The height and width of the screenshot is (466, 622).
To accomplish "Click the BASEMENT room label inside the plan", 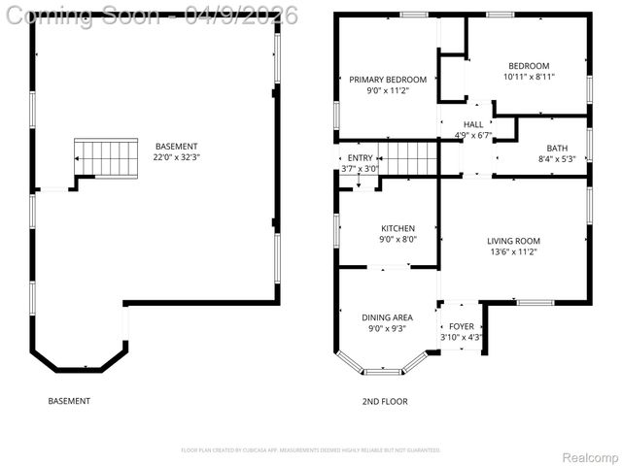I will (176, 146).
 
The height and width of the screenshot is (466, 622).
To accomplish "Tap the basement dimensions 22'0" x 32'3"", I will (176, 157).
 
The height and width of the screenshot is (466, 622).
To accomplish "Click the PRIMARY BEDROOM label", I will (388, 80).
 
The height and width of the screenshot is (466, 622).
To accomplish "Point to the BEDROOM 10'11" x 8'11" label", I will (529, 66).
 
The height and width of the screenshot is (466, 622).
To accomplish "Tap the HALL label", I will (473, 124).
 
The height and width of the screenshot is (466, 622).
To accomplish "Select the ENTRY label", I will (360, 158).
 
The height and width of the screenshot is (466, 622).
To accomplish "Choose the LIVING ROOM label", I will (513, 241).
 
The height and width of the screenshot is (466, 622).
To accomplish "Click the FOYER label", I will (461, 327).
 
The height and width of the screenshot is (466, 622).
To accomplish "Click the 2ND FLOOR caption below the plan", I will (385, 401).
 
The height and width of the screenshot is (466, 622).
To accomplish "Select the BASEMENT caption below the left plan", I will (69, 401).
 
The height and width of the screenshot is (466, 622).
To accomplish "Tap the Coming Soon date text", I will (150, 15).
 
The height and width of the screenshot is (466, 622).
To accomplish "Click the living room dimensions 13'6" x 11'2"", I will (513, 251).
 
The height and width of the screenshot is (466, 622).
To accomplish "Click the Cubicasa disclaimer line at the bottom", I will (311, 450).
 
